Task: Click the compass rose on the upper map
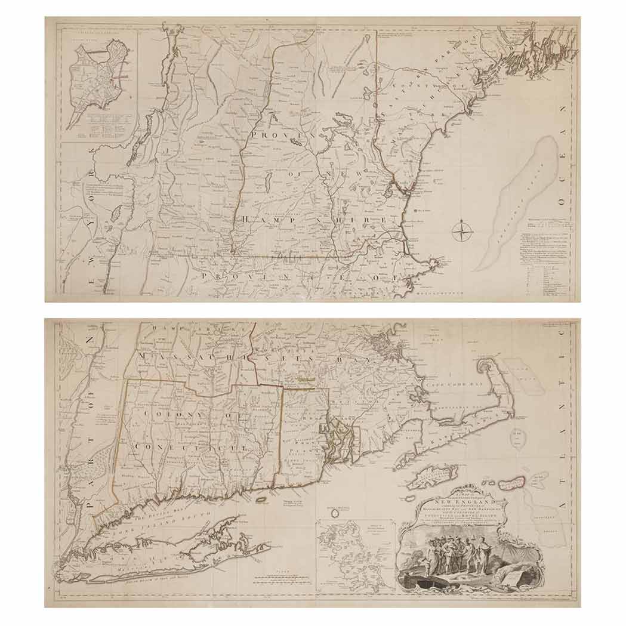462,231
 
